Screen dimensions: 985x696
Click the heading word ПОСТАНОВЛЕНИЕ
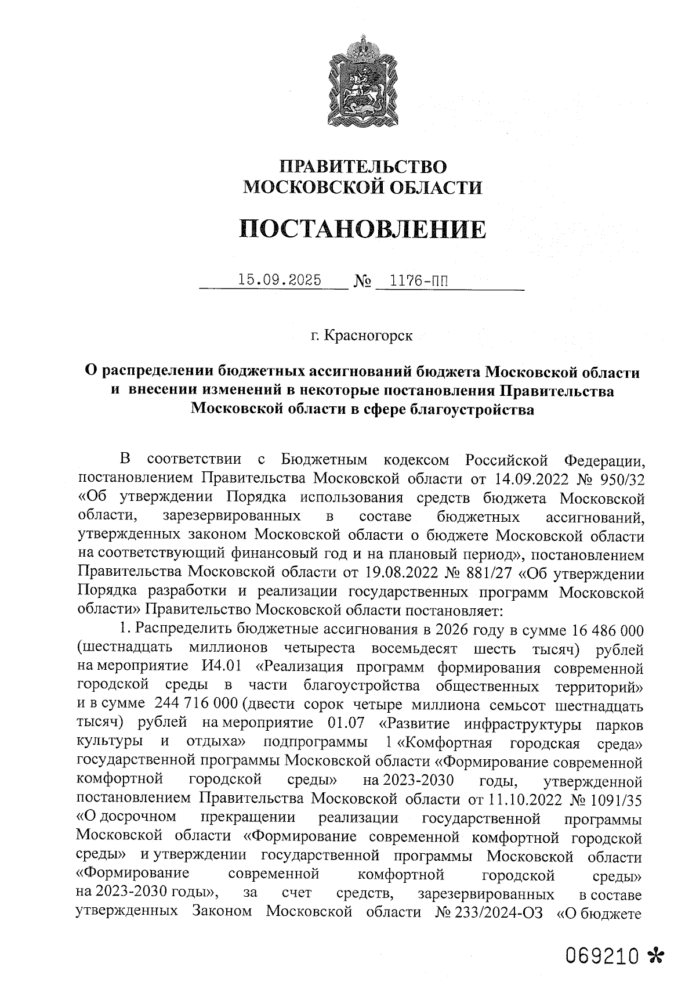(x=362, y=229)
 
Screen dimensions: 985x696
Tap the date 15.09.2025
(x=280, y=280)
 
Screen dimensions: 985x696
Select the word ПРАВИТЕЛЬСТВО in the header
(x=364, y=167)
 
